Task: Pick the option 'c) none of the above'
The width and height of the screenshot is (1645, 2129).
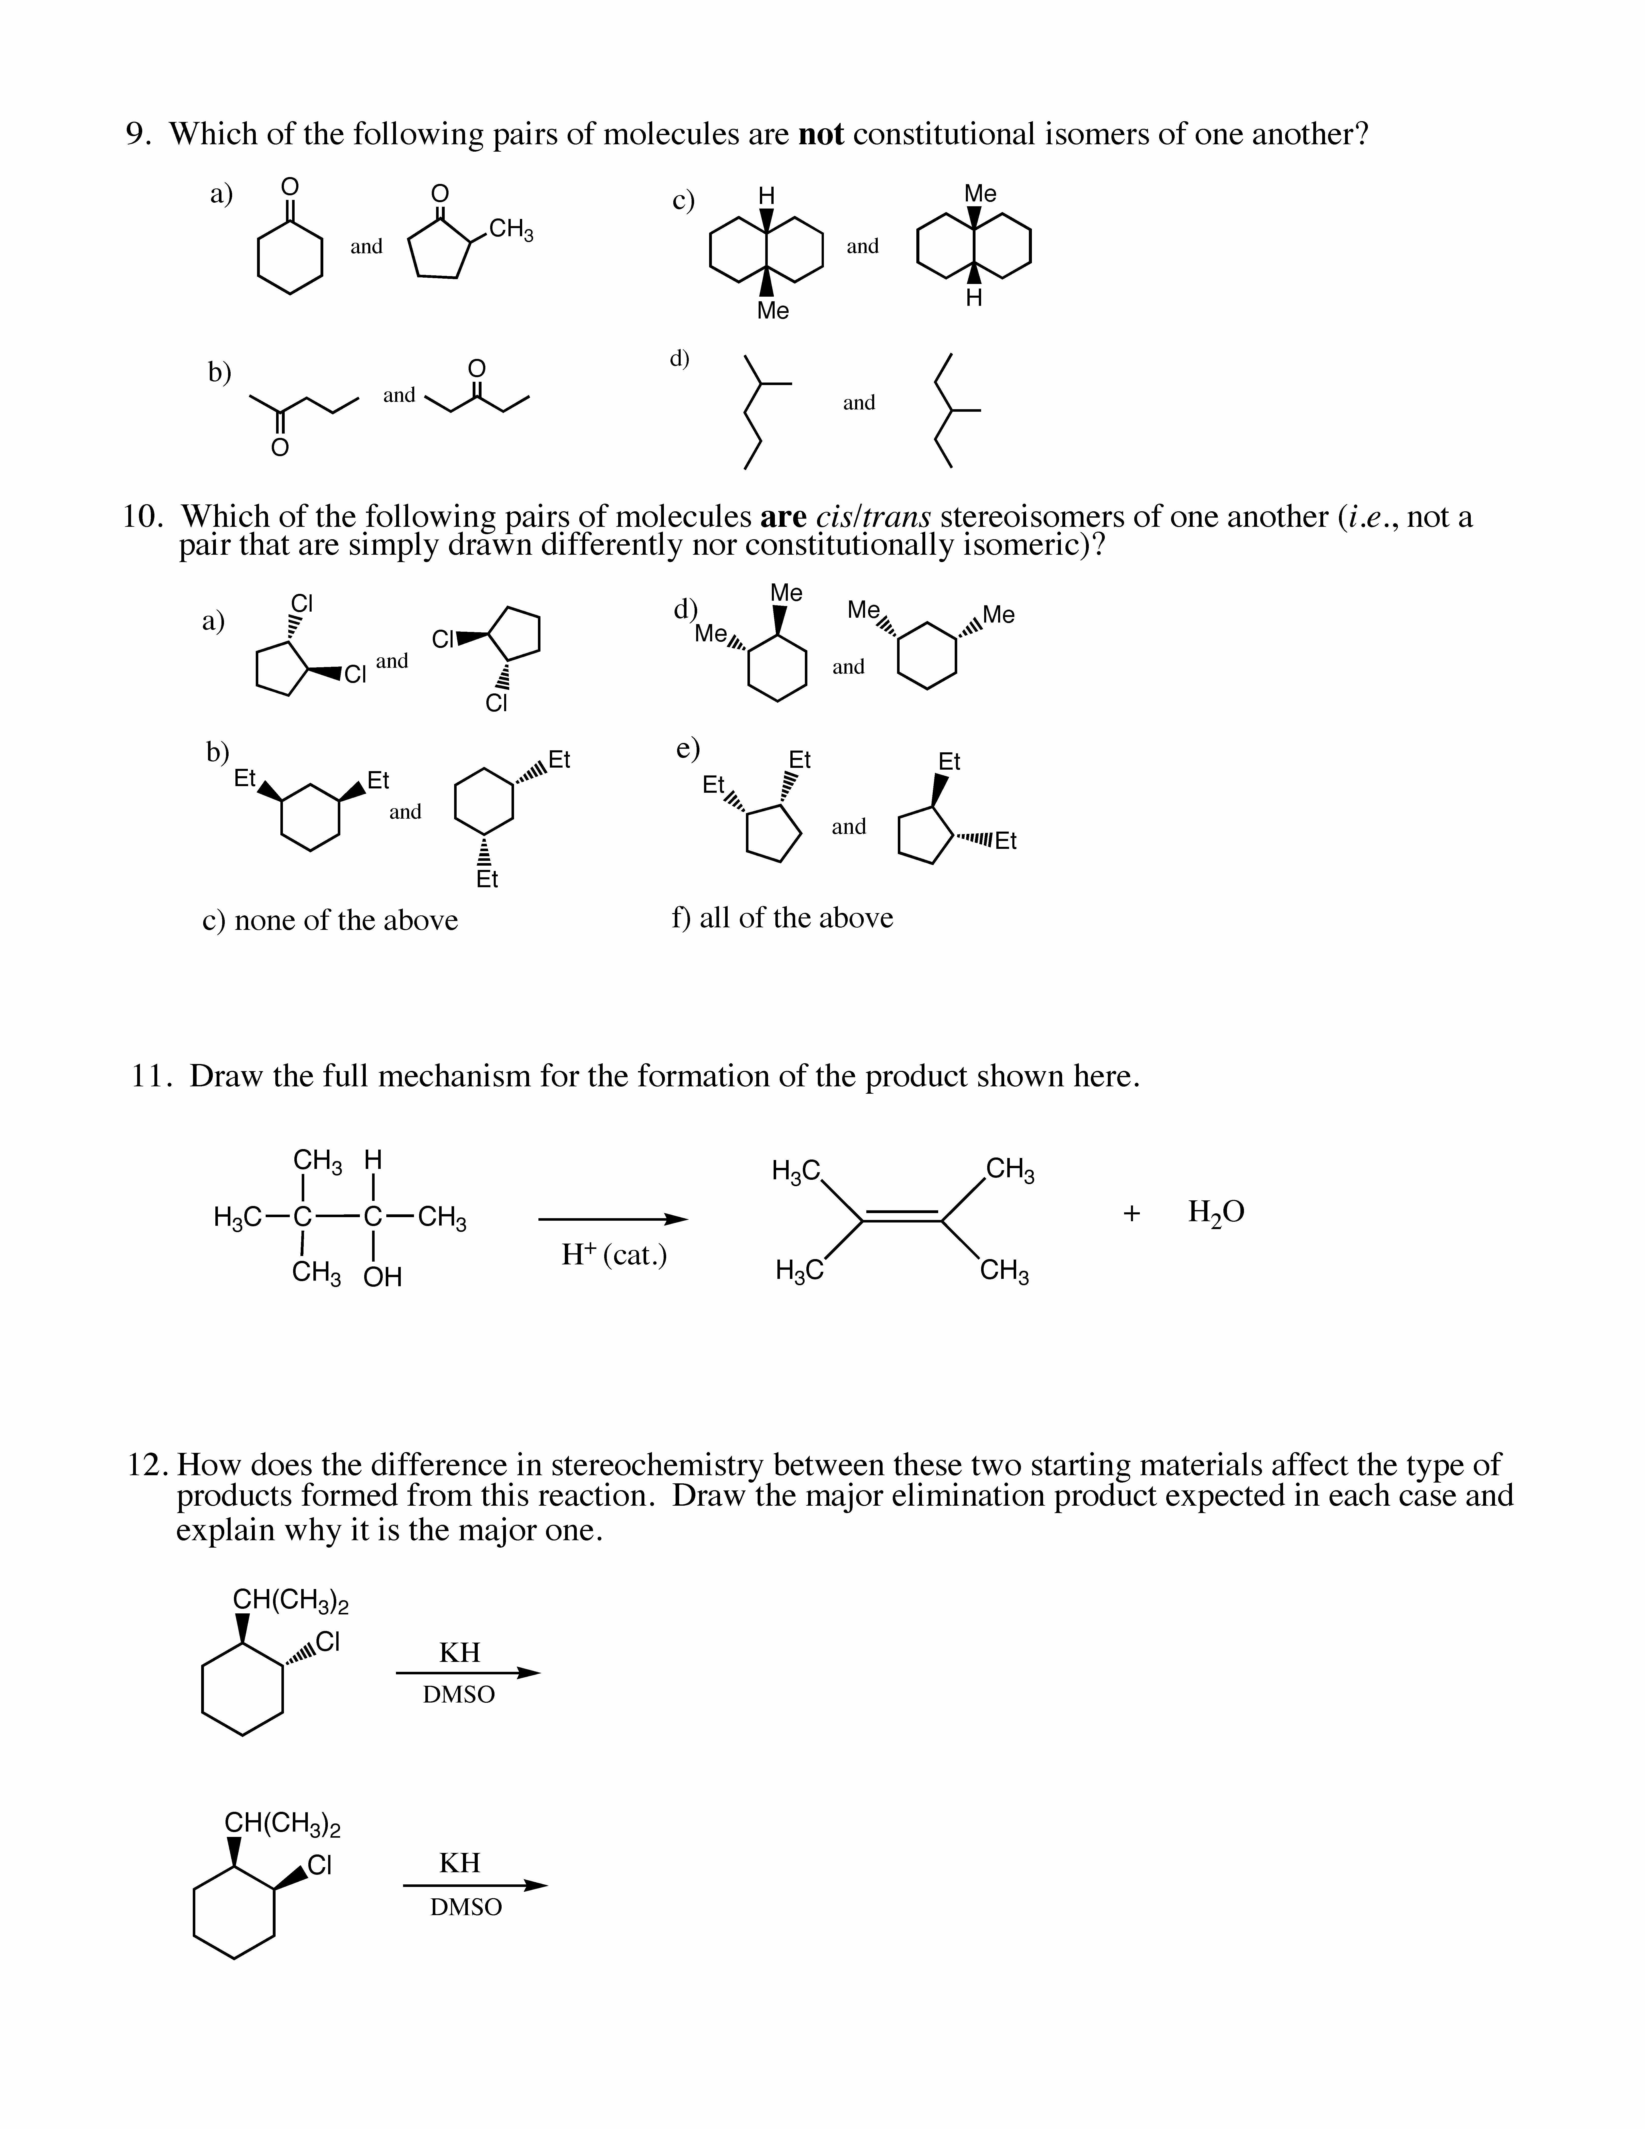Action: pyautogui.click(x=329, y=920)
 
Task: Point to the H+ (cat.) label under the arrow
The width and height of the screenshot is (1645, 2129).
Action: pyautogui.click(x=614, y=1256)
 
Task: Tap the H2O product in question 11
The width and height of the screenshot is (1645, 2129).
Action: pyautogui.click(x=1215, y=1213)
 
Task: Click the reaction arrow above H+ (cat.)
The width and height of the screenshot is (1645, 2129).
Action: pyautogui.click(x=612, y=1218)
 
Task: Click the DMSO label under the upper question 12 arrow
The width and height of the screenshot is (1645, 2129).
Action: pyautogui.click(x=459, y=1695)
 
